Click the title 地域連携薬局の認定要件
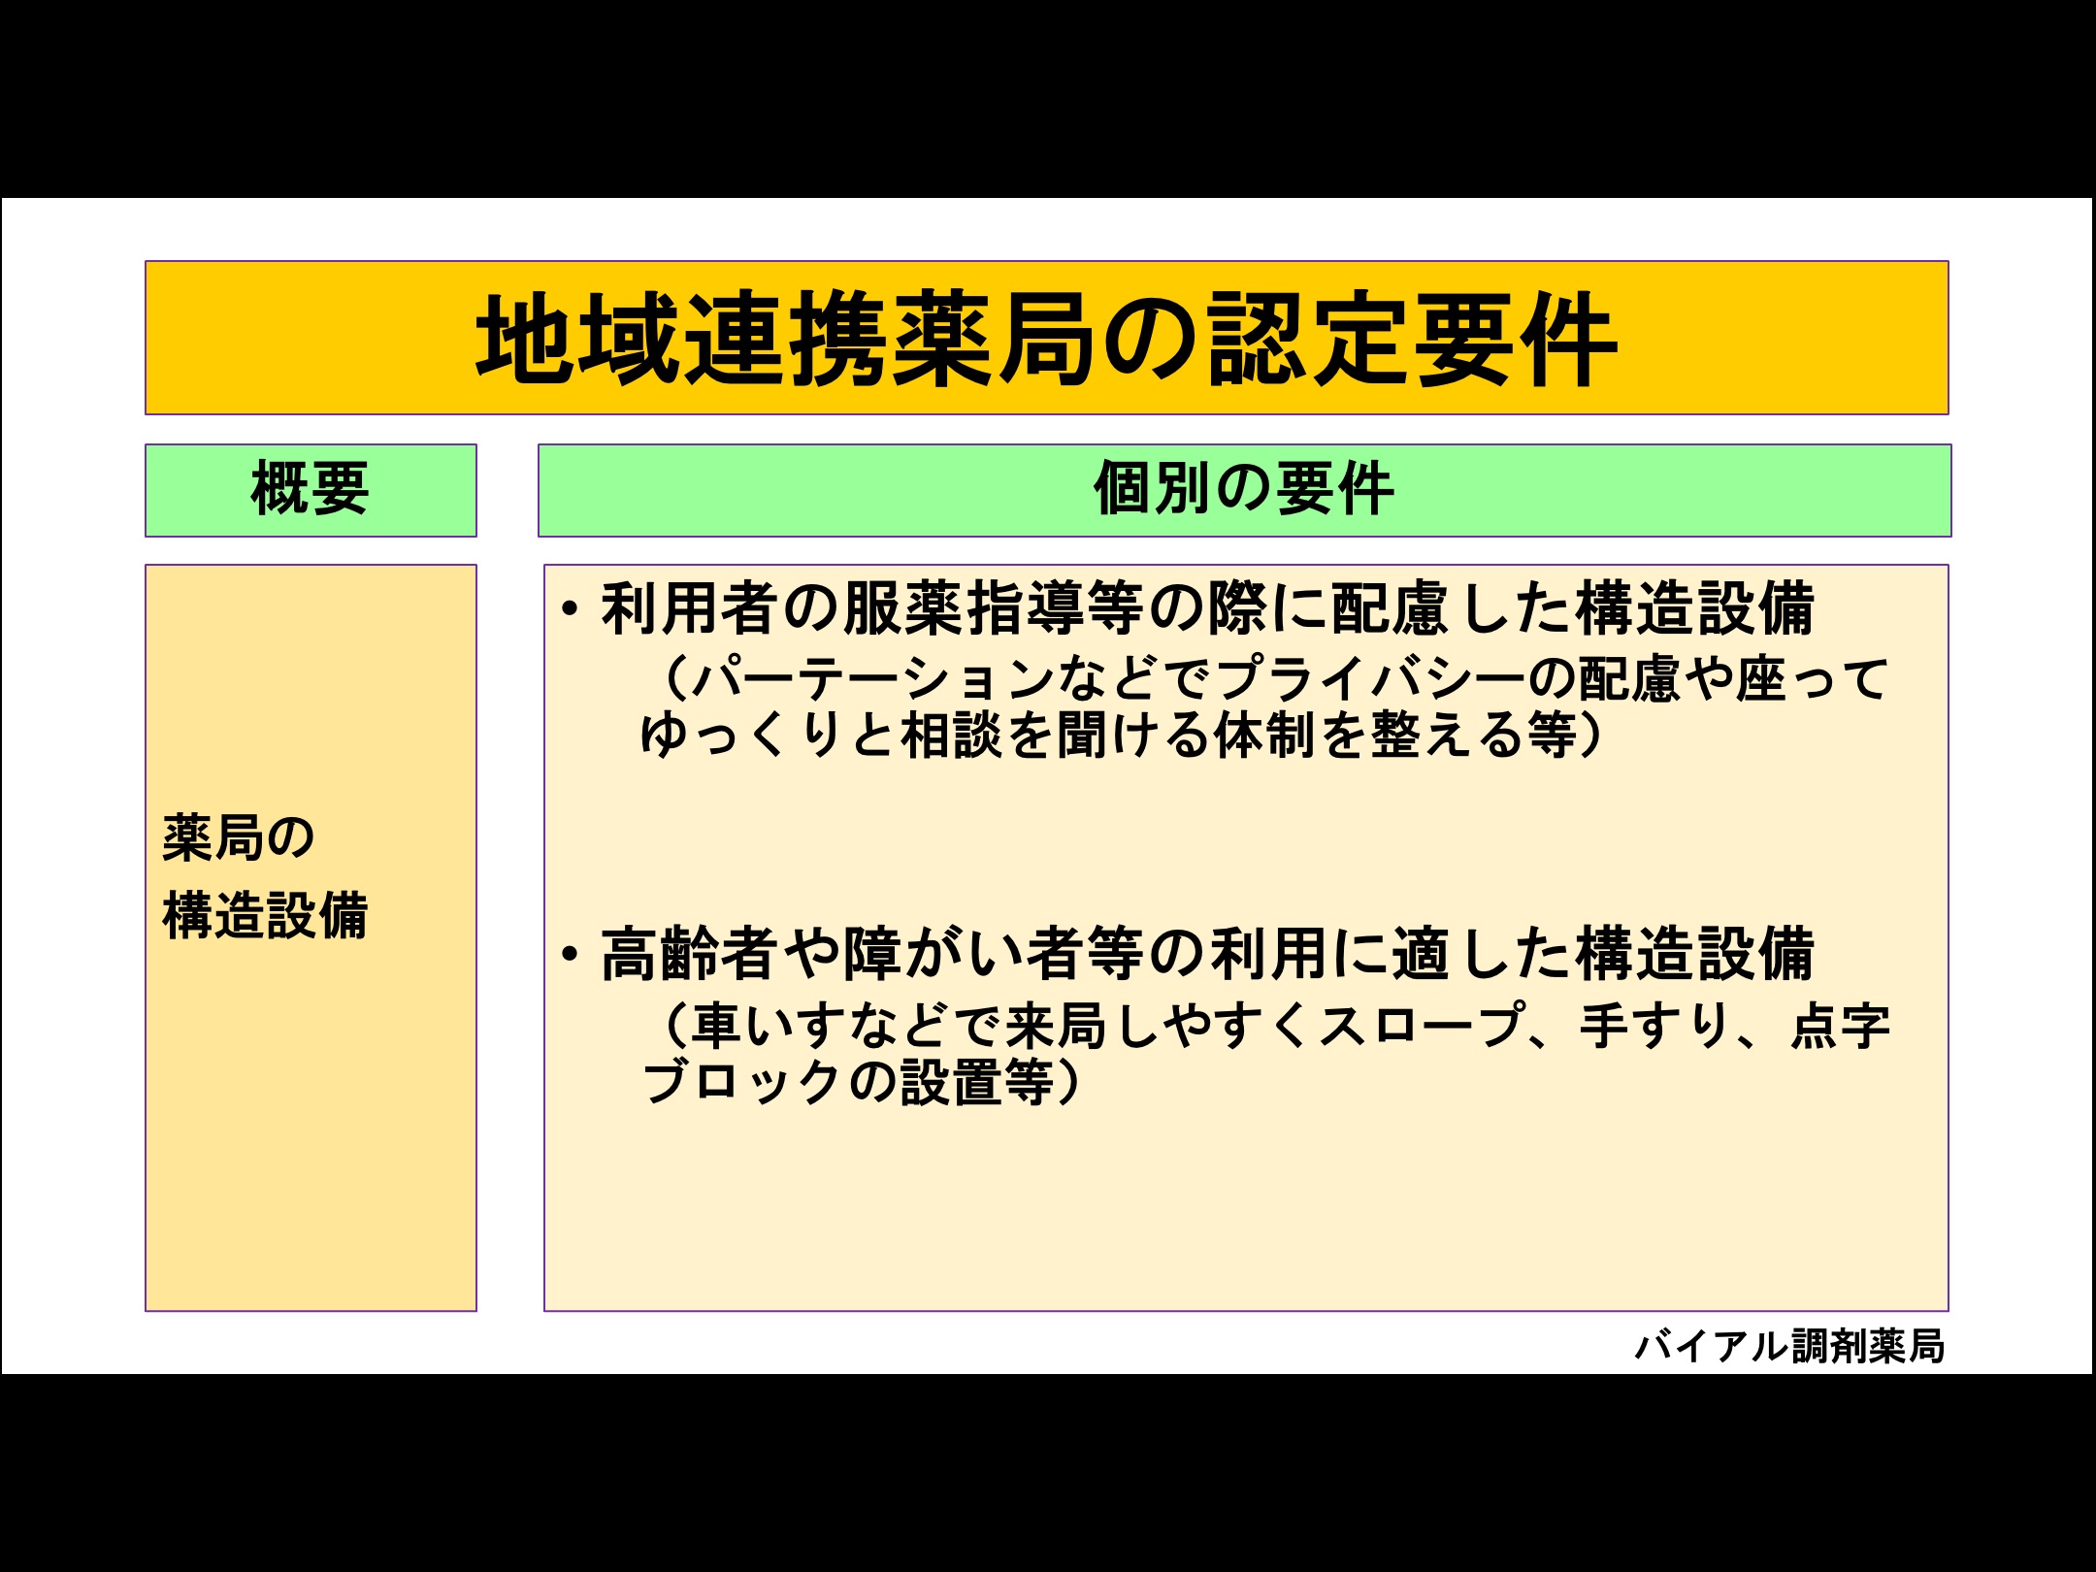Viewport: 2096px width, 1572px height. [1046, 339]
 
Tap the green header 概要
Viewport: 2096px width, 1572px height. [311, 489]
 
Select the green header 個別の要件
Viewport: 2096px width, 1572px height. [1244, 488]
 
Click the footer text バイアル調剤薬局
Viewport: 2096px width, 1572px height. [1790, 1346]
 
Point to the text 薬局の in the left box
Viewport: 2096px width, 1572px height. [239, 837]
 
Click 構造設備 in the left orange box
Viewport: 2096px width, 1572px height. [265, 915]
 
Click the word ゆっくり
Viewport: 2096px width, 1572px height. [742, 735]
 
